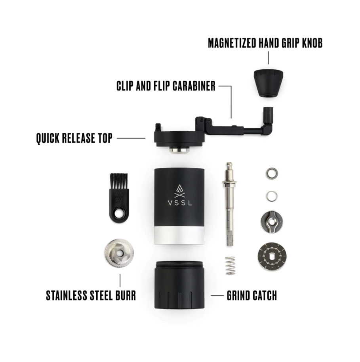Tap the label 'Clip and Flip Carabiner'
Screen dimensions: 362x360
point(166,86)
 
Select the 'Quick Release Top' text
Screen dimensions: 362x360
point(74,138)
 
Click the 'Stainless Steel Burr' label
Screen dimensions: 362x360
point(91,295)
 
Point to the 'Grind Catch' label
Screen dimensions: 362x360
point(251,295)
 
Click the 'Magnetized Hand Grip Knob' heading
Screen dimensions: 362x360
point(265,43)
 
